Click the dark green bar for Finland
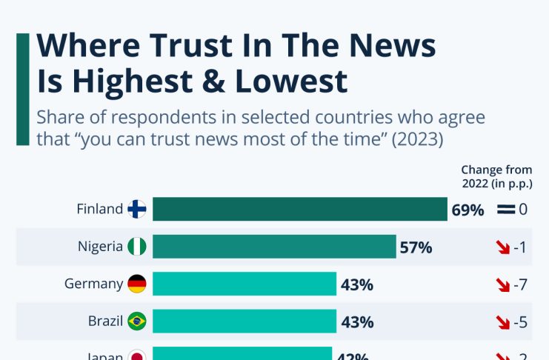coord(299,209)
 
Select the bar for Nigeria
coord(274,247)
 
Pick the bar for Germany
coord(244,284)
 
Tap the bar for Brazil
coord(244,321)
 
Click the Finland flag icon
coord(137,209)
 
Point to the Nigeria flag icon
coord(137,247)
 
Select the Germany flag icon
coord(137,284)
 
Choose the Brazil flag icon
coord(137,321)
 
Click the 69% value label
coord(468,210)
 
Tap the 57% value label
coord(416,247)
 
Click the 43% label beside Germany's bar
coord(356,284)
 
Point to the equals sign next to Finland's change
coord(506,210)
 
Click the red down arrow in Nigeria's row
coord(504,247)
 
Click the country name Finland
coord(99,209)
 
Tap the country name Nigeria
coord(100,247)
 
